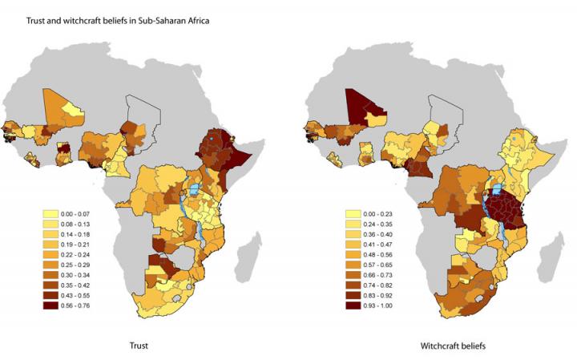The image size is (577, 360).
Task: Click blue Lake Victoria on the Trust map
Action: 195,193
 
